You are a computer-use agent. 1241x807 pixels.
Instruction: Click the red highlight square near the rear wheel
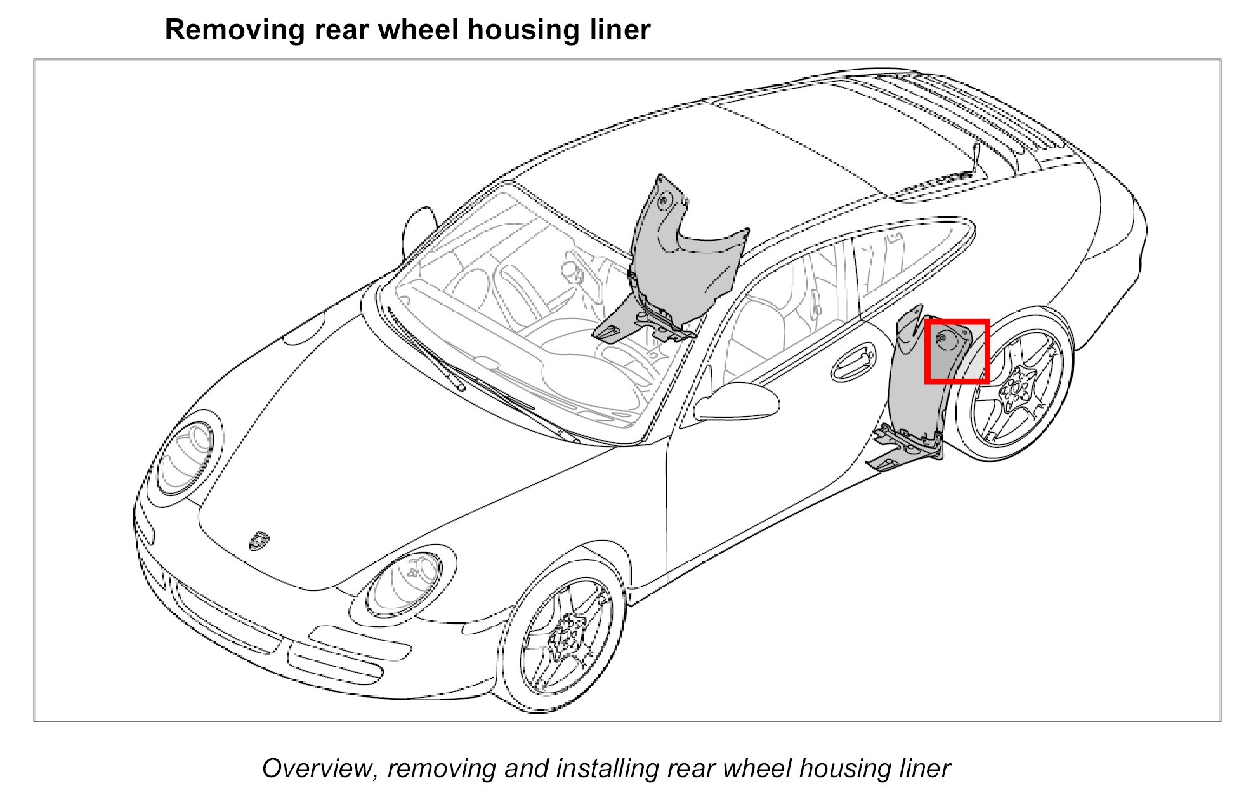coord(957,352)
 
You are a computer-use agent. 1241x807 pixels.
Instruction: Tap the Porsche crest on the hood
coord(259,541)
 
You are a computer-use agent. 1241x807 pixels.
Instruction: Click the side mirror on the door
coord(736,402)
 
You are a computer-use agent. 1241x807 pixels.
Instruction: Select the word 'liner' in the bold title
coord(620,30)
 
